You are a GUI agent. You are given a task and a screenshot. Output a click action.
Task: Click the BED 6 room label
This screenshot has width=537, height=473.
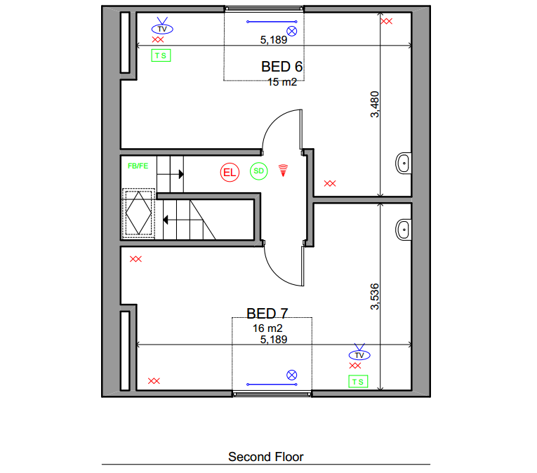click(281, 67)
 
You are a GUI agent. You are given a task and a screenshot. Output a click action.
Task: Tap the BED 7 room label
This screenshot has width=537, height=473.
click(267, 314)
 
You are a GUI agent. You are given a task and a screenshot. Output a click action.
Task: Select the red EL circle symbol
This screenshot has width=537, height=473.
click(230, 172)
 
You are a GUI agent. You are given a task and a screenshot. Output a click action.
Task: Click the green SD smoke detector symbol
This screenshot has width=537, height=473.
click(258, 171)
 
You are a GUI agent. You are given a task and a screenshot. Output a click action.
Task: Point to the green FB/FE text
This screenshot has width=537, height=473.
click(138, 166)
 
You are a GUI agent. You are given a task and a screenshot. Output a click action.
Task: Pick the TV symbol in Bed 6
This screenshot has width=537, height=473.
click(162, 26)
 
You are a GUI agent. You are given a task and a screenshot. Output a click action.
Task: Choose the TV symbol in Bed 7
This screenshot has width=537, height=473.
click(359, 352)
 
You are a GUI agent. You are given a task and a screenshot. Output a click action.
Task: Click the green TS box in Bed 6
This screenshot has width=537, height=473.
click(161, 55)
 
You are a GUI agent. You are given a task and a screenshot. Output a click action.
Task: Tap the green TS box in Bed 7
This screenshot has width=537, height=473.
click(358, 382)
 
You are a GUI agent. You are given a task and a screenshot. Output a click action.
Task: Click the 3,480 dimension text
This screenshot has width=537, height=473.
click(375, 104)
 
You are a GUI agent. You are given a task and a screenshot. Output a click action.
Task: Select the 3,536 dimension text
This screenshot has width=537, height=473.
click(375, 297)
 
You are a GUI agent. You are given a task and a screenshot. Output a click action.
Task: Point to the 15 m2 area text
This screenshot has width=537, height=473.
click(282, 82)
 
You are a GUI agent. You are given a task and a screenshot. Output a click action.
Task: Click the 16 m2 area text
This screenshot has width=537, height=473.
click(267, 328)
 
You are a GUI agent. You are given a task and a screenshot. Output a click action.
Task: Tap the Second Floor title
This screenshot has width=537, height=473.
click(266, 457)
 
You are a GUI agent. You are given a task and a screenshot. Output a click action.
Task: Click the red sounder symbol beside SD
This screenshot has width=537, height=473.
click(283, 171)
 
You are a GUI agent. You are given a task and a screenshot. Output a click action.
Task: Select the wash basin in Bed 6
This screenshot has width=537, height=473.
click(404, 164)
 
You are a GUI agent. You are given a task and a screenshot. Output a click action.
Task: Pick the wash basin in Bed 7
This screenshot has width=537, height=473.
click(404, 229)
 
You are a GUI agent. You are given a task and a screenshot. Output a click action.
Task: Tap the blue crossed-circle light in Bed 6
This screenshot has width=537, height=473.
click(292, 32)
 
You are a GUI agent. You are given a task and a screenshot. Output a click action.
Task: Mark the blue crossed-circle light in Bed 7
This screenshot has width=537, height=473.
click(292, 375)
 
